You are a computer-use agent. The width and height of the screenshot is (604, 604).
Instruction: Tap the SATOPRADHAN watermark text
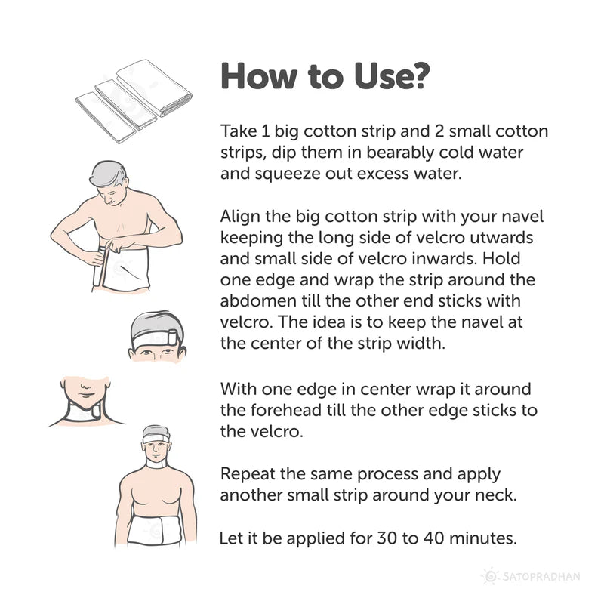[x=541, y=577]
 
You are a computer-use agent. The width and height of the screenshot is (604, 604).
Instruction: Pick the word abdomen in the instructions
[x=258, y=300]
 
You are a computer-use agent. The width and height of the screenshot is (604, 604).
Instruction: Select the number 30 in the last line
[x=387, y=538]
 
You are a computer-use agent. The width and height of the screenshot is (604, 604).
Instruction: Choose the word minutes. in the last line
[x=483, y=538]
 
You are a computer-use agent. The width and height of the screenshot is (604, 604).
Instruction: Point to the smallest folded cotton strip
[x=106, y=119]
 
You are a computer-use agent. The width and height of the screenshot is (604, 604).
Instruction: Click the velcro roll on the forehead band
[x=172, y=337]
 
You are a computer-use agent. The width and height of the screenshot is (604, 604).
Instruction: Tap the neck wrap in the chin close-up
[x=83, y=412]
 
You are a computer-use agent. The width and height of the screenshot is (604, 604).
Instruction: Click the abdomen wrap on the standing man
[x=154, y=531]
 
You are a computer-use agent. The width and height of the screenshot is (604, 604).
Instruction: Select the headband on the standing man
[x=156, y=438]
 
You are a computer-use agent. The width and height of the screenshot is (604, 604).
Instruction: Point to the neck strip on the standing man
[x=156, y=464]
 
